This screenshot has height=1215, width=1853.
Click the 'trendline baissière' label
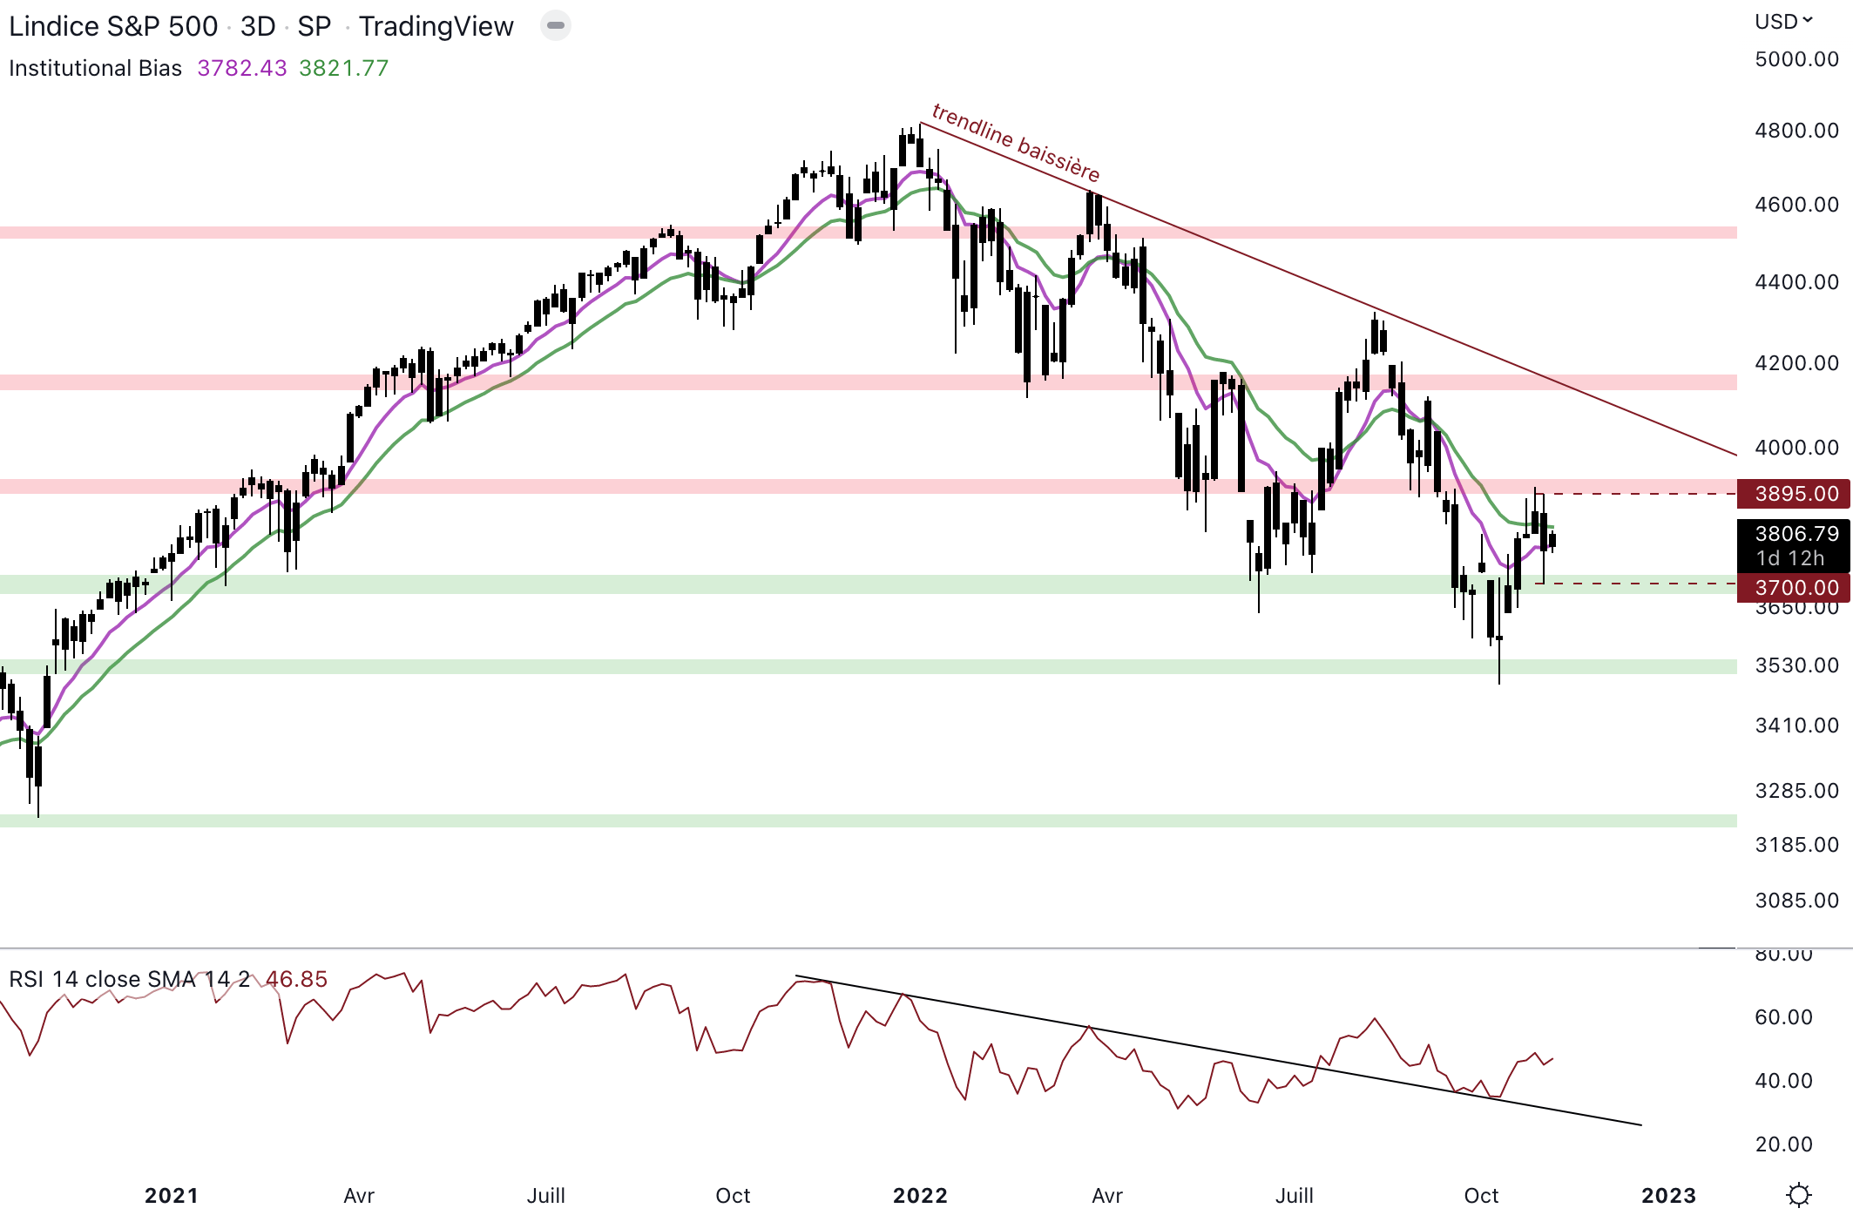[x=1016, y=141]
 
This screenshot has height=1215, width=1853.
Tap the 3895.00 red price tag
[x=1796, y=494]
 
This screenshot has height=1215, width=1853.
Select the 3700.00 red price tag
[x=1796, y=588]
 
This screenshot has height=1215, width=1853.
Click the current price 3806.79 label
[x=1796, y=534]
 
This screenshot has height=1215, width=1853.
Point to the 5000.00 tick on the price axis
[x=1796, y=59]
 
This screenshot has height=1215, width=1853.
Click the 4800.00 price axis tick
[x=1796, y=131]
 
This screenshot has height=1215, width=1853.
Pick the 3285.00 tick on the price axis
[x=1796, y=791]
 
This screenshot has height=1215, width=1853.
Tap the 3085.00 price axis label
[x=1796, y=901]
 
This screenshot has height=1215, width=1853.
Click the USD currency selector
[x=1782, y=22]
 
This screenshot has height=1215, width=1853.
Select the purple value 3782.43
[x=241, y=68]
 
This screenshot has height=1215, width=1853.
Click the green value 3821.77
[x=343, y=68]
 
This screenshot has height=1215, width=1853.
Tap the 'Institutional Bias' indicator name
[x=95, y=68]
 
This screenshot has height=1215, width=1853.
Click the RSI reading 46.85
[x=296, y=979]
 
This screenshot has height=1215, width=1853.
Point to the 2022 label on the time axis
[x=920, y=1196]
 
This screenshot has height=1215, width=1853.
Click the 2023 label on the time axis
[x=1668, y=1196]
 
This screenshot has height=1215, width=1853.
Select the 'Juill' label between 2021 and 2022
[x=545, y=1196]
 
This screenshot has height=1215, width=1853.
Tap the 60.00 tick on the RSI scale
[x=1783, y=1017]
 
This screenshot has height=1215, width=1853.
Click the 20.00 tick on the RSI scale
[x=1783, y=1144]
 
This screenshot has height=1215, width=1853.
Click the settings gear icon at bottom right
[x=1798, y=1195]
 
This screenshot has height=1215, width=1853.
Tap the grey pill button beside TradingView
[x=555, y=26]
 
